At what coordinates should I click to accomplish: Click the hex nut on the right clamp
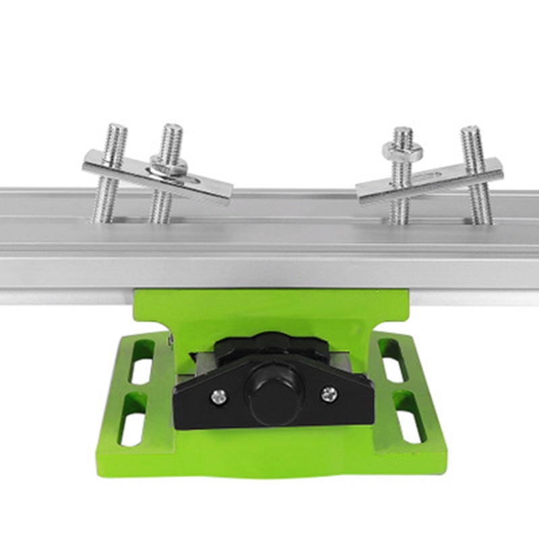[403, 152]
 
